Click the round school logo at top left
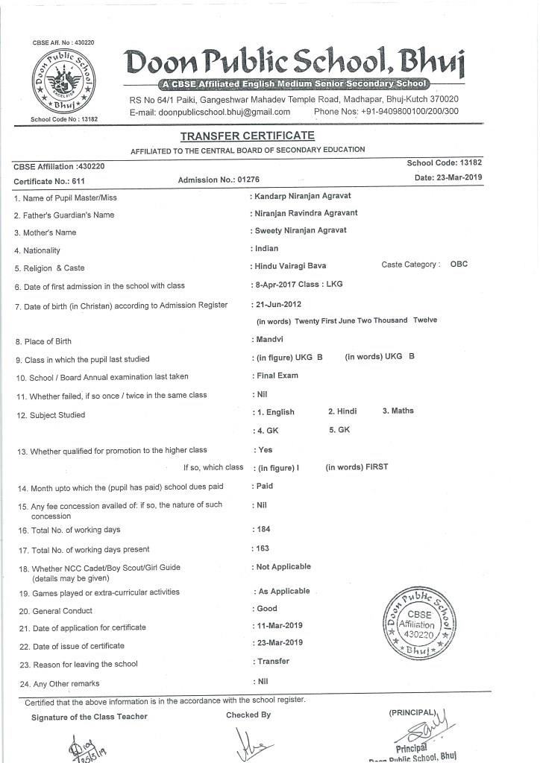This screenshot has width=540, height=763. click(65, 83)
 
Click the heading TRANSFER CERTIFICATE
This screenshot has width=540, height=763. click(247, 136)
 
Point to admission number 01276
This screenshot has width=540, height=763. click(247, 180)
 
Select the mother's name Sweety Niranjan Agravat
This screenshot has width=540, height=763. click(301, 230)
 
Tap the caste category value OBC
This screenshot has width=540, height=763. click(459, 265)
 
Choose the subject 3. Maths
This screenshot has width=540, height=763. click(398, 411)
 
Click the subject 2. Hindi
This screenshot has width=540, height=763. click(342, 411)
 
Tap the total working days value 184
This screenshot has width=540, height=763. click(263, 529)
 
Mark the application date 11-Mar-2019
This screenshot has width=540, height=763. click(280, 626)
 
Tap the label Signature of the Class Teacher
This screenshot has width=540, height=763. click(90, 717)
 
